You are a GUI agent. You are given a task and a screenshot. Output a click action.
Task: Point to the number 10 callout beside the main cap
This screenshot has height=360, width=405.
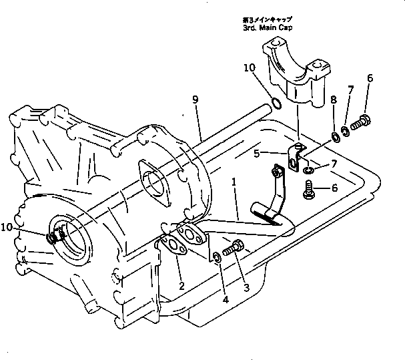249,68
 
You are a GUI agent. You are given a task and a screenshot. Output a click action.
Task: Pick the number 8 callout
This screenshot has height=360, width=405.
334,101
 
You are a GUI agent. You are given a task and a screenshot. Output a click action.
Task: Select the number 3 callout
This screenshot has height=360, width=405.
246,288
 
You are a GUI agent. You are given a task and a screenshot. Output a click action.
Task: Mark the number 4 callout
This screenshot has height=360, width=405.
225,301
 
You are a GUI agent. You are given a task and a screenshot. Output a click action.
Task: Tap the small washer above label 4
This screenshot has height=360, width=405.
218,257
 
